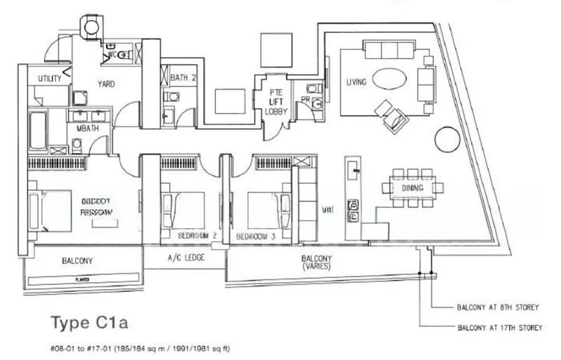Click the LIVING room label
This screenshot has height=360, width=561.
coord(356,83)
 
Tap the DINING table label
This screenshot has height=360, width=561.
coord(412,188)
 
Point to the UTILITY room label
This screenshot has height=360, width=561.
coord(50,79)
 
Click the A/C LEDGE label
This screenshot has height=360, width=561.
coord(186,259)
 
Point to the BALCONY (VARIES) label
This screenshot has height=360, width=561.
coord(318,263)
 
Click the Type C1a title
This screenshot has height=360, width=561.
coord(90,324)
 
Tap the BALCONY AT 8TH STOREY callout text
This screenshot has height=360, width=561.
coord(497,307)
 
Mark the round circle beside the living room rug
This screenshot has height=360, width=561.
coord(448,139)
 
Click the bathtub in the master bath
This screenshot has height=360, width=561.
coord(38,129)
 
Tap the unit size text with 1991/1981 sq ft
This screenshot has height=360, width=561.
coord(140,348)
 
